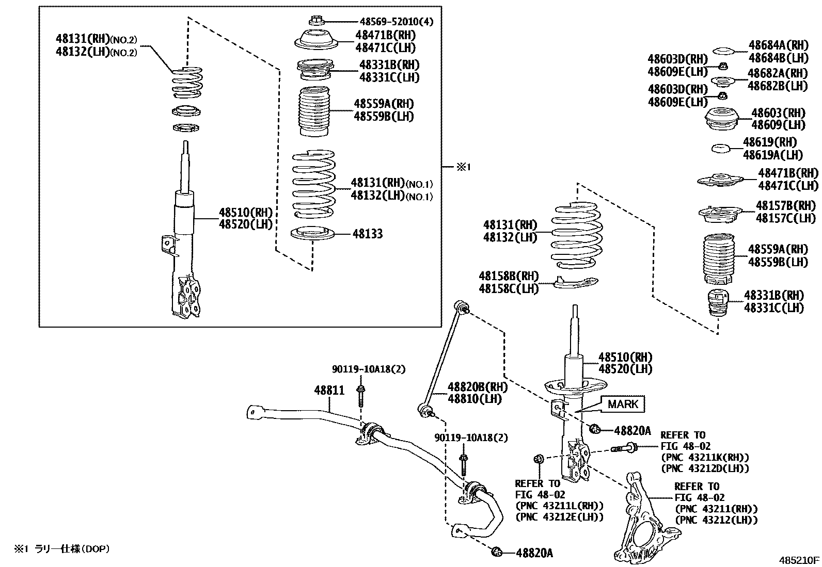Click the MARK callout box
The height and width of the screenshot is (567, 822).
[x=622, y=404]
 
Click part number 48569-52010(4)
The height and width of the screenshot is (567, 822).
[x=396, y=22]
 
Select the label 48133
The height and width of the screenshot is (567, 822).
[x=368, y=234]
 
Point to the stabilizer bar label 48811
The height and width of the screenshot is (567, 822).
[x=329, y=391]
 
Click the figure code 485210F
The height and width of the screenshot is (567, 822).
[x=799, y=560]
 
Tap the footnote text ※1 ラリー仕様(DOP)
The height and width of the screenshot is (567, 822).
[x=62, y=549]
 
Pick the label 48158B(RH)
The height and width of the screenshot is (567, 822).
[x=509, y=276]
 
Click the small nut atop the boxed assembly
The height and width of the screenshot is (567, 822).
[x=315, y=21]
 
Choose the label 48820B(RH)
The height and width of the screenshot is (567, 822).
[x=477, y=387]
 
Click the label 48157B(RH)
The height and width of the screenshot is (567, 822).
[x=786, y=206]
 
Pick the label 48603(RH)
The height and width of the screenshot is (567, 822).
[x=778, y=113]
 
